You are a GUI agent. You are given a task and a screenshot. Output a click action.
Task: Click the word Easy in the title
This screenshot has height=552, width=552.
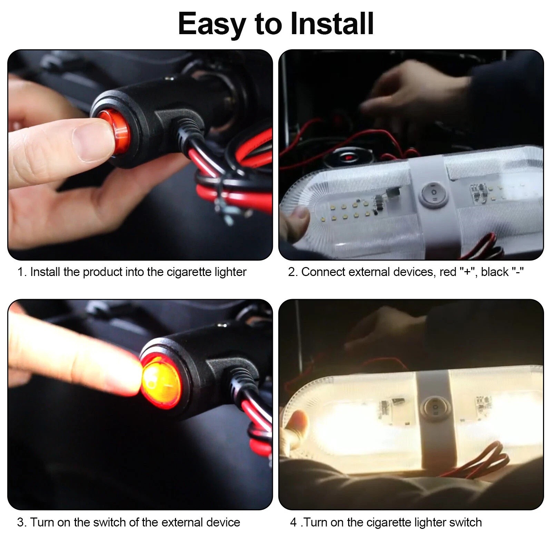(x=211, y=24)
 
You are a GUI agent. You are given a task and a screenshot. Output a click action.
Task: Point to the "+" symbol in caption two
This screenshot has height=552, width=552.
(x=468, y=272)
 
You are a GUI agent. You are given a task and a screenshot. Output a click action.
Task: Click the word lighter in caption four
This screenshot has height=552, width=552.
(x=430, y=522)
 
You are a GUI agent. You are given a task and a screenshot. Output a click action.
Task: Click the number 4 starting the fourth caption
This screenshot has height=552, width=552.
(x=293, y=522)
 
